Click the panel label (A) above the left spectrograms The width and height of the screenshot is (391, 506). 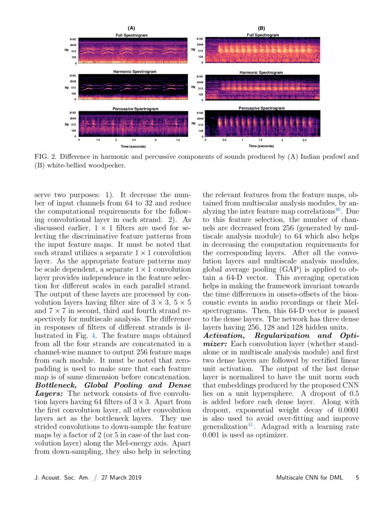tap(131, 29)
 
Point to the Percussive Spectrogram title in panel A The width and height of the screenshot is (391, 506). tap(136, 109)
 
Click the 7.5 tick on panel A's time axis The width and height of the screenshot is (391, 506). tap(178, 140)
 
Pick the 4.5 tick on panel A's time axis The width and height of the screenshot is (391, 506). tap(133, 140)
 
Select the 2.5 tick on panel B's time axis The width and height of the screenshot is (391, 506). tap(305, 140)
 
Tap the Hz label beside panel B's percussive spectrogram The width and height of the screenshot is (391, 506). tap(194, 123)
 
